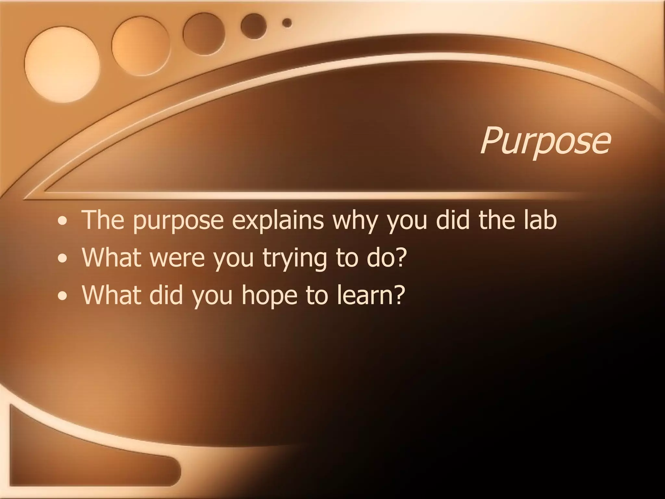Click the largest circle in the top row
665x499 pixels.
[62, 63]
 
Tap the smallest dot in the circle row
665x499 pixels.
[287, 23]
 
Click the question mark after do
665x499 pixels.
[400, 257]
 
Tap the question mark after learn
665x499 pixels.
[399, 295]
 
